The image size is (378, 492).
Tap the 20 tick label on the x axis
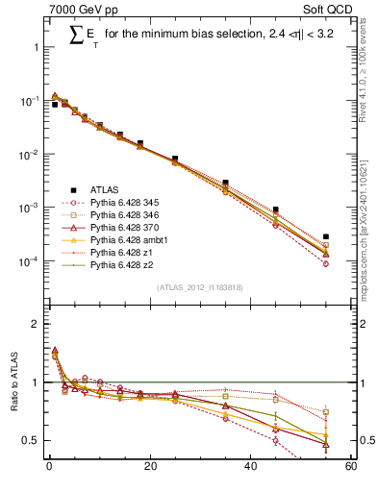149,467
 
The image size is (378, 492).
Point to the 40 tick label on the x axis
250,467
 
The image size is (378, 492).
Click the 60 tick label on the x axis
351,467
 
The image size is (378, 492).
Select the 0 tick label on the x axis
49,467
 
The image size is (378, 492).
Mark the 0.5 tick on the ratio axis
32,440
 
